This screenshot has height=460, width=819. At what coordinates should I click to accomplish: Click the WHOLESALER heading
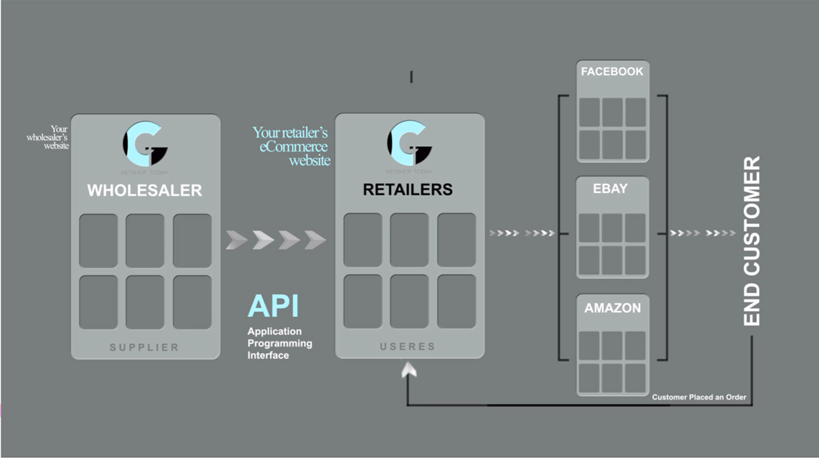tap(145, 190)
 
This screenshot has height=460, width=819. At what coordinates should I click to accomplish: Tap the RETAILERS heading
tap(408, 190)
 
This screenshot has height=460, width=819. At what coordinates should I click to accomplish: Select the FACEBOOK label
tap(612, 72)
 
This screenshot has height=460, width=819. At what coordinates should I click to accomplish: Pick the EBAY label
tap(610, 188)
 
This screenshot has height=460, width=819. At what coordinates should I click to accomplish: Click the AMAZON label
tap(613, 308)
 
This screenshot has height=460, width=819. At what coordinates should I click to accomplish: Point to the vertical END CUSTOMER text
tap(752, 241)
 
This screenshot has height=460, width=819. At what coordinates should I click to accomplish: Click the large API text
tap(273, 306)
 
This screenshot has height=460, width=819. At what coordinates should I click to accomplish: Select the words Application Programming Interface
tap(279, 343)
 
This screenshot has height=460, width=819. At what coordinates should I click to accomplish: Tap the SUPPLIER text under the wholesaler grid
tap(144, 347)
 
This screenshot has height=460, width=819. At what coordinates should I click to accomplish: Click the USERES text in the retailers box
tap(408, 346)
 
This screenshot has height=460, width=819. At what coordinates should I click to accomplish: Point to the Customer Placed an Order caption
tap(699, 397)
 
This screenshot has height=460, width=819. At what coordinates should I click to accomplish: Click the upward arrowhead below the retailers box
tap(408, 371)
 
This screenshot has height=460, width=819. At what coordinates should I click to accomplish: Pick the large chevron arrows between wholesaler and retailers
tap(276, 240)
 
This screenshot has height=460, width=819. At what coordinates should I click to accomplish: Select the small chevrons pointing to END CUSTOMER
tap(703, 233)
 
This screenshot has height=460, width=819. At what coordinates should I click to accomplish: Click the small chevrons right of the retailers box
tap(521, 233)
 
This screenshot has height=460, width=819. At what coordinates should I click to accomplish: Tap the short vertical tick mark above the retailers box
tap(411, 77)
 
